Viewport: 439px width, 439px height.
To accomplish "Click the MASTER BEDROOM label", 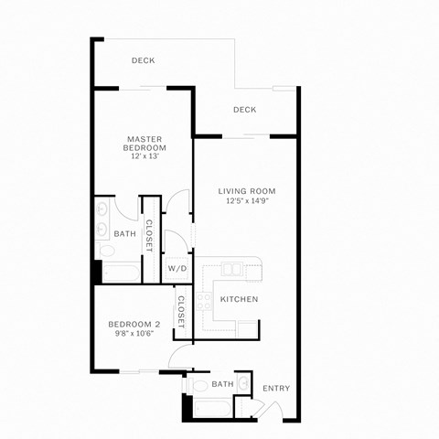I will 145,143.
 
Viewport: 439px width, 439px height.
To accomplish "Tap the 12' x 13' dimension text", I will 145,156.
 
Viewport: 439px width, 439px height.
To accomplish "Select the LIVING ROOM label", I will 246,191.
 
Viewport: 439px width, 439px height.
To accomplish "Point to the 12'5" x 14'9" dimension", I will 246,201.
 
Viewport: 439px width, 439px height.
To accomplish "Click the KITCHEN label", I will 239,299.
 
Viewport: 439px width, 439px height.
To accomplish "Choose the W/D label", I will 177,269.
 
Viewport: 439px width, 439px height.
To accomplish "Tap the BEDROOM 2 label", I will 134,324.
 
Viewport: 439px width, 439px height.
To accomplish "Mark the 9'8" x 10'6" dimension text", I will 134,334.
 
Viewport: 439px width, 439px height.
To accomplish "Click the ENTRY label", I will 276,389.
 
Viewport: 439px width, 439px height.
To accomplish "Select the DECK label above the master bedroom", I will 143,61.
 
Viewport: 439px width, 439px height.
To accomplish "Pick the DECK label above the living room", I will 244,110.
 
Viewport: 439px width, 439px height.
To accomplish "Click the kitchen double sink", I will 231,271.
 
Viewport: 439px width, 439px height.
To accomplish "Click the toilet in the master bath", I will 106,251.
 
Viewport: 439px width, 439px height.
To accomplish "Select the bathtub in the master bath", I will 119,273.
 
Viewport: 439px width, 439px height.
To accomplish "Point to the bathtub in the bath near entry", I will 210,406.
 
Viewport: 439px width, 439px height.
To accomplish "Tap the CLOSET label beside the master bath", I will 148,235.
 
